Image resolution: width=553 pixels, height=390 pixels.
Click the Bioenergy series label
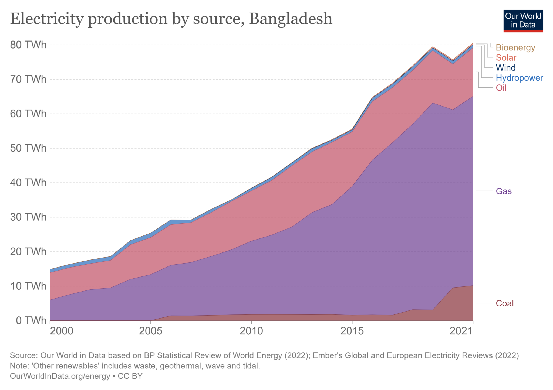(515, 47)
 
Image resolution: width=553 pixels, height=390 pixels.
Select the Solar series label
(506, 57)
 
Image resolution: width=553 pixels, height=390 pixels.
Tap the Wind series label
(505, 67)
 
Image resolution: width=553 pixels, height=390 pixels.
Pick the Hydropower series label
(519, 78)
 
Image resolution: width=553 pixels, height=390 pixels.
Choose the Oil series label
(501, 88)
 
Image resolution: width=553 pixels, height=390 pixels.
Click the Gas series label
(504, 191)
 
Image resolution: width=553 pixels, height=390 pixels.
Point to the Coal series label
(504, 303)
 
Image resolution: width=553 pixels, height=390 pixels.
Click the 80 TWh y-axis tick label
(28, 45)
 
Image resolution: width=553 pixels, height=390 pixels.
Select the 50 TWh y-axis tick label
(28, 148)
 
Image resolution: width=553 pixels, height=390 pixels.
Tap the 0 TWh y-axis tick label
(31, 320)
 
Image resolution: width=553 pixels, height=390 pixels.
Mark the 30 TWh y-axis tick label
(28, 217)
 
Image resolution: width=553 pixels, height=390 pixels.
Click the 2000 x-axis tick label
(62, 331)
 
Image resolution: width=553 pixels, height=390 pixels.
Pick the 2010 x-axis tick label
(251, 331)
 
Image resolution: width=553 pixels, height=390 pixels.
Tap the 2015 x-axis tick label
(352, 331)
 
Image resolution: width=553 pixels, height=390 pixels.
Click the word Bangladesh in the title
(291, 19)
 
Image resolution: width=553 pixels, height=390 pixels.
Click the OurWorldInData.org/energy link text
(60, 376)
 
